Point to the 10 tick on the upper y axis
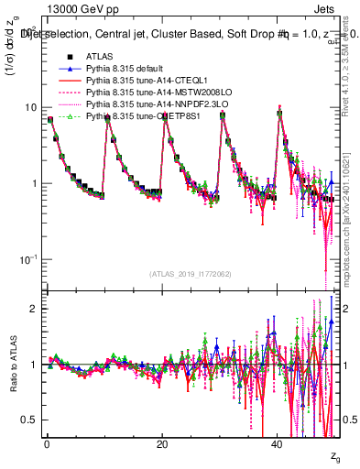(31, 107)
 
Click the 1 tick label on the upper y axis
(34, 183)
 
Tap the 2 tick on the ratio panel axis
(34, 309)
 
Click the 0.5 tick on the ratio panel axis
(30, 420)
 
